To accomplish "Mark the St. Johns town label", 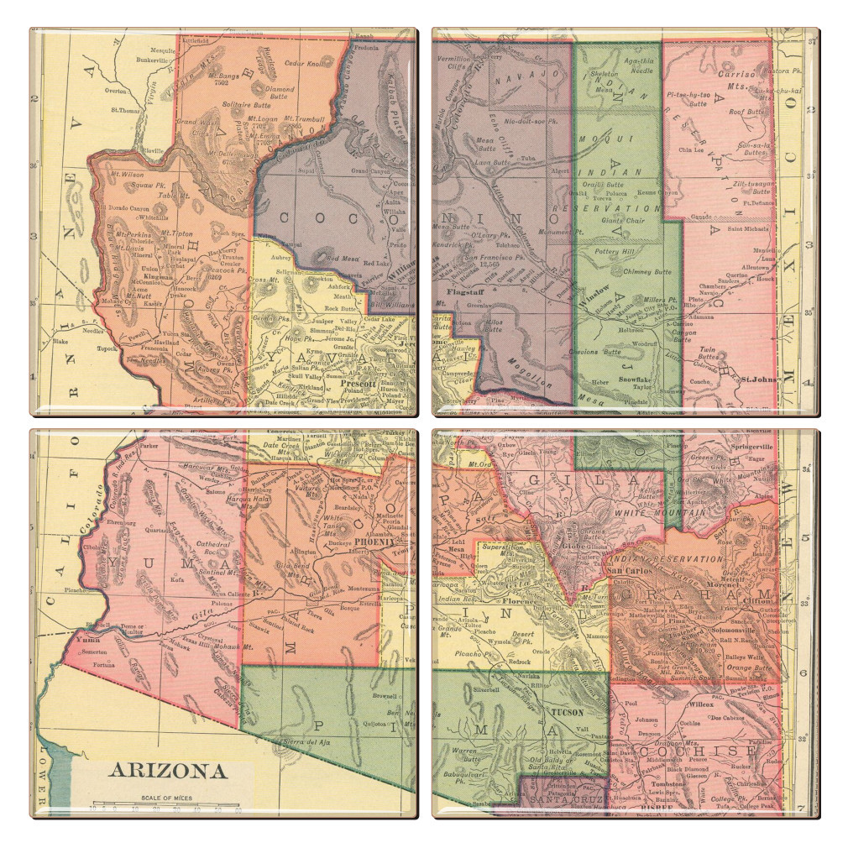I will tap(756, 380).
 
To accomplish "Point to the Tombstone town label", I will tap(663, 784).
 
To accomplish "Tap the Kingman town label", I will tap(154, 275).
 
